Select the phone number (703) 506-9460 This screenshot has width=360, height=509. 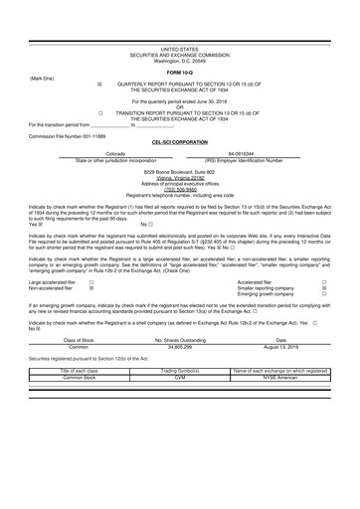point(180,188)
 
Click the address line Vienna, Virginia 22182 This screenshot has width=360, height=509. point(180,176)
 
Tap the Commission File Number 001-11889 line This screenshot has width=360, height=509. point(67,134)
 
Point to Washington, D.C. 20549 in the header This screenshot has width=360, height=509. point(180,61)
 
